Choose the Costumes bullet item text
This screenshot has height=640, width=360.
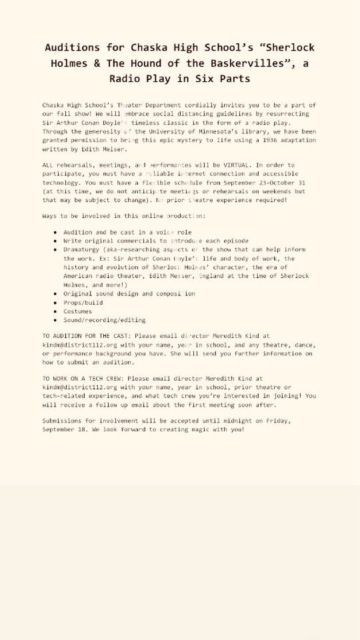[x=78, y=311]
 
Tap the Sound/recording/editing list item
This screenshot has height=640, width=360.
[x=95, y=320]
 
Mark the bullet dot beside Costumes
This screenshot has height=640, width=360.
[x=55, y=311]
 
